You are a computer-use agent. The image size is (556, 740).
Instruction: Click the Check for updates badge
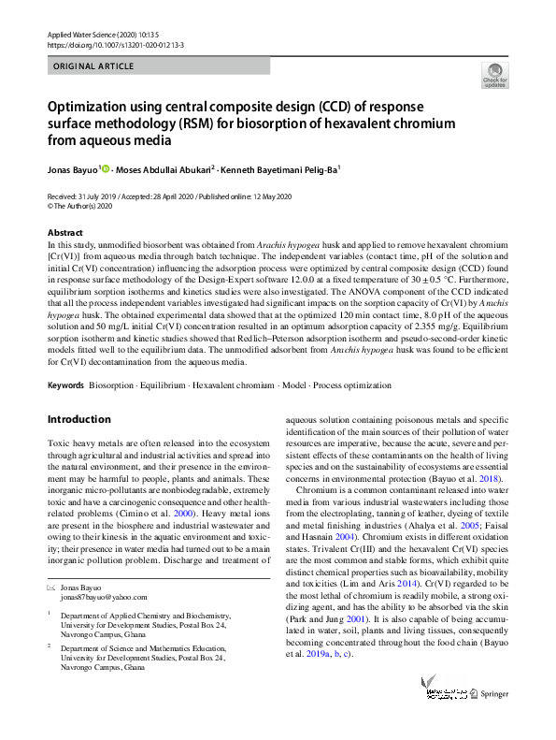[x=493, y=75]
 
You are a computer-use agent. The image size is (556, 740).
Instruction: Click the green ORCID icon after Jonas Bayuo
[x=107, y=168]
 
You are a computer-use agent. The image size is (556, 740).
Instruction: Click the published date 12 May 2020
[x=265, y=196]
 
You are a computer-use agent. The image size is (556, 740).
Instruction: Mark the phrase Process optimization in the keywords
[x=352, y=385]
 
